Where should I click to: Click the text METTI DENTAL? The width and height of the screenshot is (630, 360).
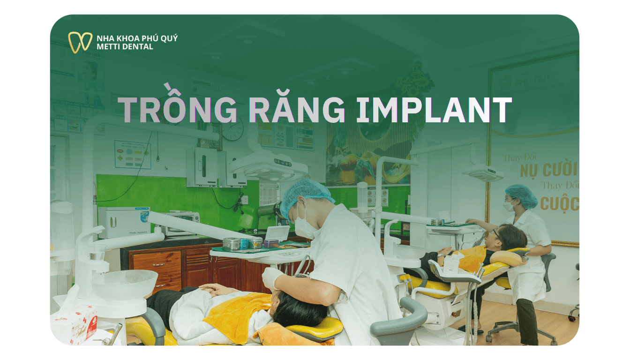pyautogui.click(x=125, y=46)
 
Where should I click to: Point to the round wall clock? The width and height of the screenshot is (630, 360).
pyautogui.click(x=233, y=129)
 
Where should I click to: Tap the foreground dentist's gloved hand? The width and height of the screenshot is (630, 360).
pyautogui.click(x=271, y=278)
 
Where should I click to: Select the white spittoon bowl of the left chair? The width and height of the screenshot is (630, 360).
pyautogui.click(x=124, y=284)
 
